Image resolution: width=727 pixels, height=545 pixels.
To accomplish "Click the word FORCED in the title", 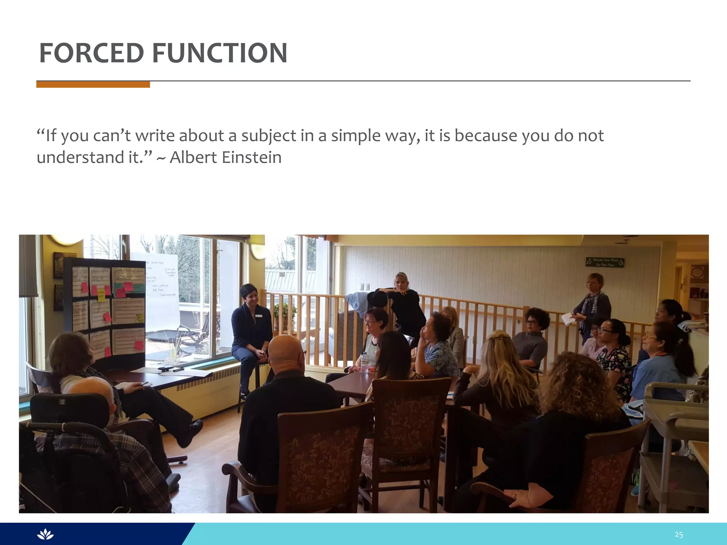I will pyautogui.click(x=91, y=53).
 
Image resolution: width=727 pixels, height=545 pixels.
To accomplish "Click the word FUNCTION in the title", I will pyautogui.click(x=220, y=53).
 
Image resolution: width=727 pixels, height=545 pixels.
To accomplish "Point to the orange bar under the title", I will pyautogui.click(x=93, y=84).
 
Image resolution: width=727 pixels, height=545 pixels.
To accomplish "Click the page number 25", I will pyautogui.click(x=679, y=534).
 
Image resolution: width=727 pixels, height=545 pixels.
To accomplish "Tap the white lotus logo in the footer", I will pyautogui.click(x=45, y=534).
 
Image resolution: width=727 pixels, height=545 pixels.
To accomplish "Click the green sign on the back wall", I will pyautogui.click(x=605, y=262).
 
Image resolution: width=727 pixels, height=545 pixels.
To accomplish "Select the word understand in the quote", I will pyautogui.click(x=77, y=158).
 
